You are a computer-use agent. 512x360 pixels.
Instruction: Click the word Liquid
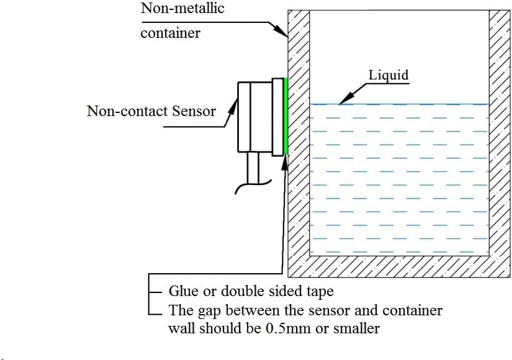pos(388,75)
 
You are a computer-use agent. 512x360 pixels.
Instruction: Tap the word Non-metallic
pos(182,8)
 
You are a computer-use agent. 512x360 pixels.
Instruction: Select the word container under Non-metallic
pos(171,33)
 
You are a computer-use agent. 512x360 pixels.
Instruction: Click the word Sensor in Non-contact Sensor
pos(194,111)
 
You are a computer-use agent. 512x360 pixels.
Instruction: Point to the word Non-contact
pos(127,111)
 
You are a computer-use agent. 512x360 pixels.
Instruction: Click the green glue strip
pos(286,116)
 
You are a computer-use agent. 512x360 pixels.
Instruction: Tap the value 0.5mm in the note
pos(289,328)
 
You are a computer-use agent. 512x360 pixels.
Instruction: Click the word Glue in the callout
pos(183,290)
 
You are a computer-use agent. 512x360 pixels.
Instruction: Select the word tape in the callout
pos(320,291)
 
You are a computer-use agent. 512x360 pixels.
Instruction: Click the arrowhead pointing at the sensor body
pos(233,107)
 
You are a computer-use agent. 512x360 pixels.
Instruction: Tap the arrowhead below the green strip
pos(285,162)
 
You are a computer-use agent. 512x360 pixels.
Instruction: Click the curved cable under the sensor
pos(253,186)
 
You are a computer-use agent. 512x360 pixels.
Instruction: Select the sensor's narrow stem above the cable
pos(253,168)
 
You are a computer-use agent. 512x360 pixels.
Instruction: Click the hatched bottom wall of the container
pos(398,266)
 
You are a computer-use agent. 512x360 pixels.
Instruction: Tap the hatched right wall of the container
pos(499,134)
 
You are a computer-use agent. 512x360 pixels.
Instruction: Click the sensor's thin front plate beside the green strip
pos(278,117)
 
